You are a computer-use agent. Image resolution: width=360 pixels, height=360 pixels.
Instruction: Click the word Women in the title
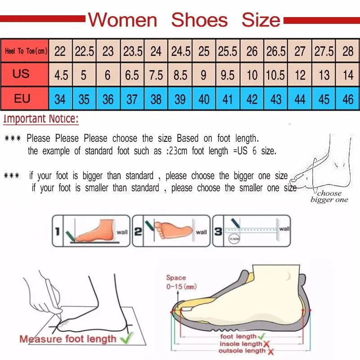coord(122,20)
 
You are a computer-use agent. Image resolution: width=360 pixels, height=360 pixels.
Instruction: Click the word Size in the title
coord(261,20)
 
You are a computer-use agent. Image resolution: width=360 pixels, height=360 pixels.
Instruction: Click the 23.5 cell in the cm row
coord(132,51)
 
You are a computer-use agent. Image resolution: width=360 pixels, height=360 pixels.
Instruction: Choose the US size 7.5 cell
coord(156,75)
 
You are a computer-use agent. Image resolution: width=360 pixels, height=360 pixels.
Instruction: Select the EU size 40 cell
coord(204,99)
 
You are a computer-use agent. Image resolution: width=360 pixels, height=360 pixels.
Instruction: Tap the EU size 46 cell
coord(348,99)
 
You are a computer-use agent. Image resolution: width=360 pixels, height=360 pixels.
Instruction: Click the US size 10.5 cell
coord(275,75)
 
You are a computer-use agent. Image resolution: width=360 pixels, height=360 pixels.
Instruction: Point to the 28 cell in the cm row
coord(348,51)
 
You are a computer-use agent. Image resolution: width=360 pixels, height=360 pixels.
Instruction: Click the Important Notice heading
coord(41,120)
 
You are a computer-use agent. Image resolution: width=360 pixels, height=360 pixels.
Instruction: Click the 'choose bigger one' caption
coord(329,197)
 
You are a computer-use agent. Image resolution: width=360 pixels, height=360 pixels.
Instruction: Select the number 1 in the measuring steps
coord(57,232)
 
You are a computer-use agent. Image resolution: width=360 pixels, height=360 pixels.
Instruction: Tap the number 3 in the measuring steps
coord(218,232)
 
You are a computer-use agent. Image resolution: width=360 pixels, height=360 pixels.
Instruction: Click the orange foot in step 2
coord(173,229)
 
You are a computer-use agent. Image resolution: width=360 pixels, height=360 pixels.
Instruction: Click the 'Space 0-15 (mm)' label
coord(181,282)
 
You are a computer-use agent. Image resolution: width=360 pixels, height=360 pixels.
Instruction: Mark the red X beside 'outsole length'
coord(270,351)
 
